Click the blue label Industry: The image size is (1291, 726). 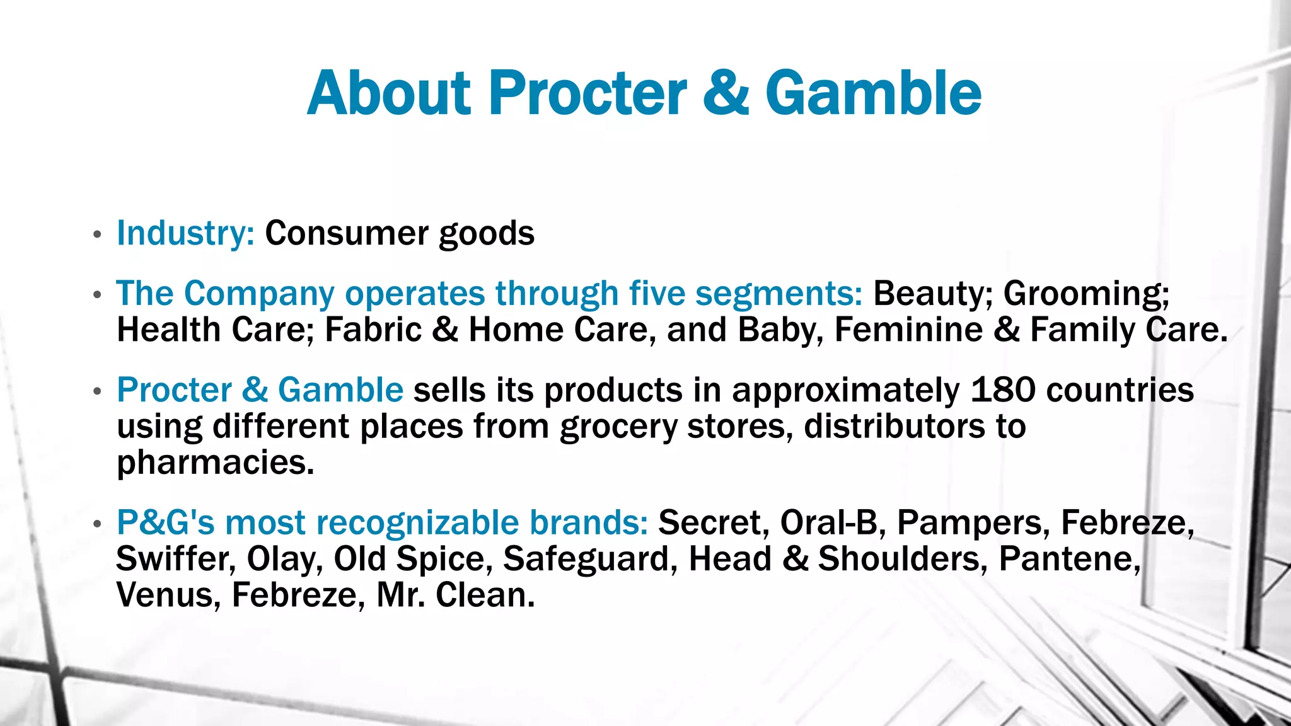(x=185, y=233)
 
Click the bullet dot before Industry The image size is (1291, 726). (x=96, y=235)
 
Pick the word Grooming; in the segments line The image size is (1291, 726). (x=1086, y=294)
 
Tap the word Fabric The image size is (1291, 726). (x=373, y=330)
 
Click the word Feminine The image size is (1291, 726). (x=908, y=330)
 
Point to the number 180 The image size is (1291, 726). (x=1003, y=389)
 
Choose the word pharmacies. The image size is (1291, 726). (x=215, y=463)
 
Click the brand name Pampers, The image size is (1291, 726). (x=973, y=522)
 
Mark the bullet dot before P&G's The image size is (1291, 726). (x=96, y=524)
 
